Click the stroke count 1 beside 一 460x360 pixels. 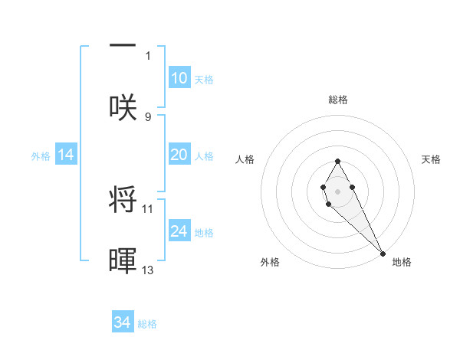click(x=148, y=56)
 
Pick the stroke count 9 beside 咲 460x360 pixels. click(x=148, y=116)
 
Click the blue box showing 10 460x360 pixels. click(x=179, y=78)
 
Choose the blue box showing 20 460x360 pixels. click(x=179, y=155)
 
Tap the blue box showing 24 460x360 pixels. click(x=179, y=231)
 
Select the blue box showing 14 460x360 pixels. click(x=66, y=155)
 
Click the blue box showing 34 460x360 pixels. click(x=123, y=322)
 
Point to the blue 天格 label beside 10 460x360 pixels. click(x=204, y=80)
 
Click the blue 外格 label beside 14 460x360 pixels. click(x=41, y=156)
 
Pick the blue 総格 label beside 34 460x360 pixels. click(x=147, y=324)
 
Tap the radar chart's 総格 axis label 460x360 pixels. click(x=338, y=100)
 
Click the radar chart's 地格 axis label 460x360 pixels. click(x=402, y=263)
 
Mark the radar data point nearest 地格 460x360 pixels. click(x=383, y=253)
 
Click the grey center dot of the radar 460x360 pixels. click(x=337, y=190)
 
